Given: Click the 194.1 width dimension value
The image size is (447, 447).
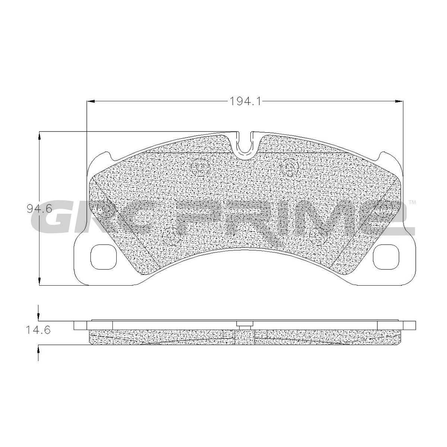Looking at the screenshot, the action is coord(245,101).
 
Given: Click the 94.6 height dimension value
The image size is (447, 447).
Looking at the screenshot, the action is coord(39,209).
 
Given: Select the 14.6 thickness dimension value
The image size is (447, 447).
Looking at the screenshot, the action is coord(38,330).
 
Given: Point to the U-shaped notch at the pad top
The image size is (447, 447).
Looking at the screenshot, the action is coord(245,146).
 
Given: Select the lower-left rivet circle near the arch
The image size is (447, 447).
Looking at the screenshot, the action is coord(172,236).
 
